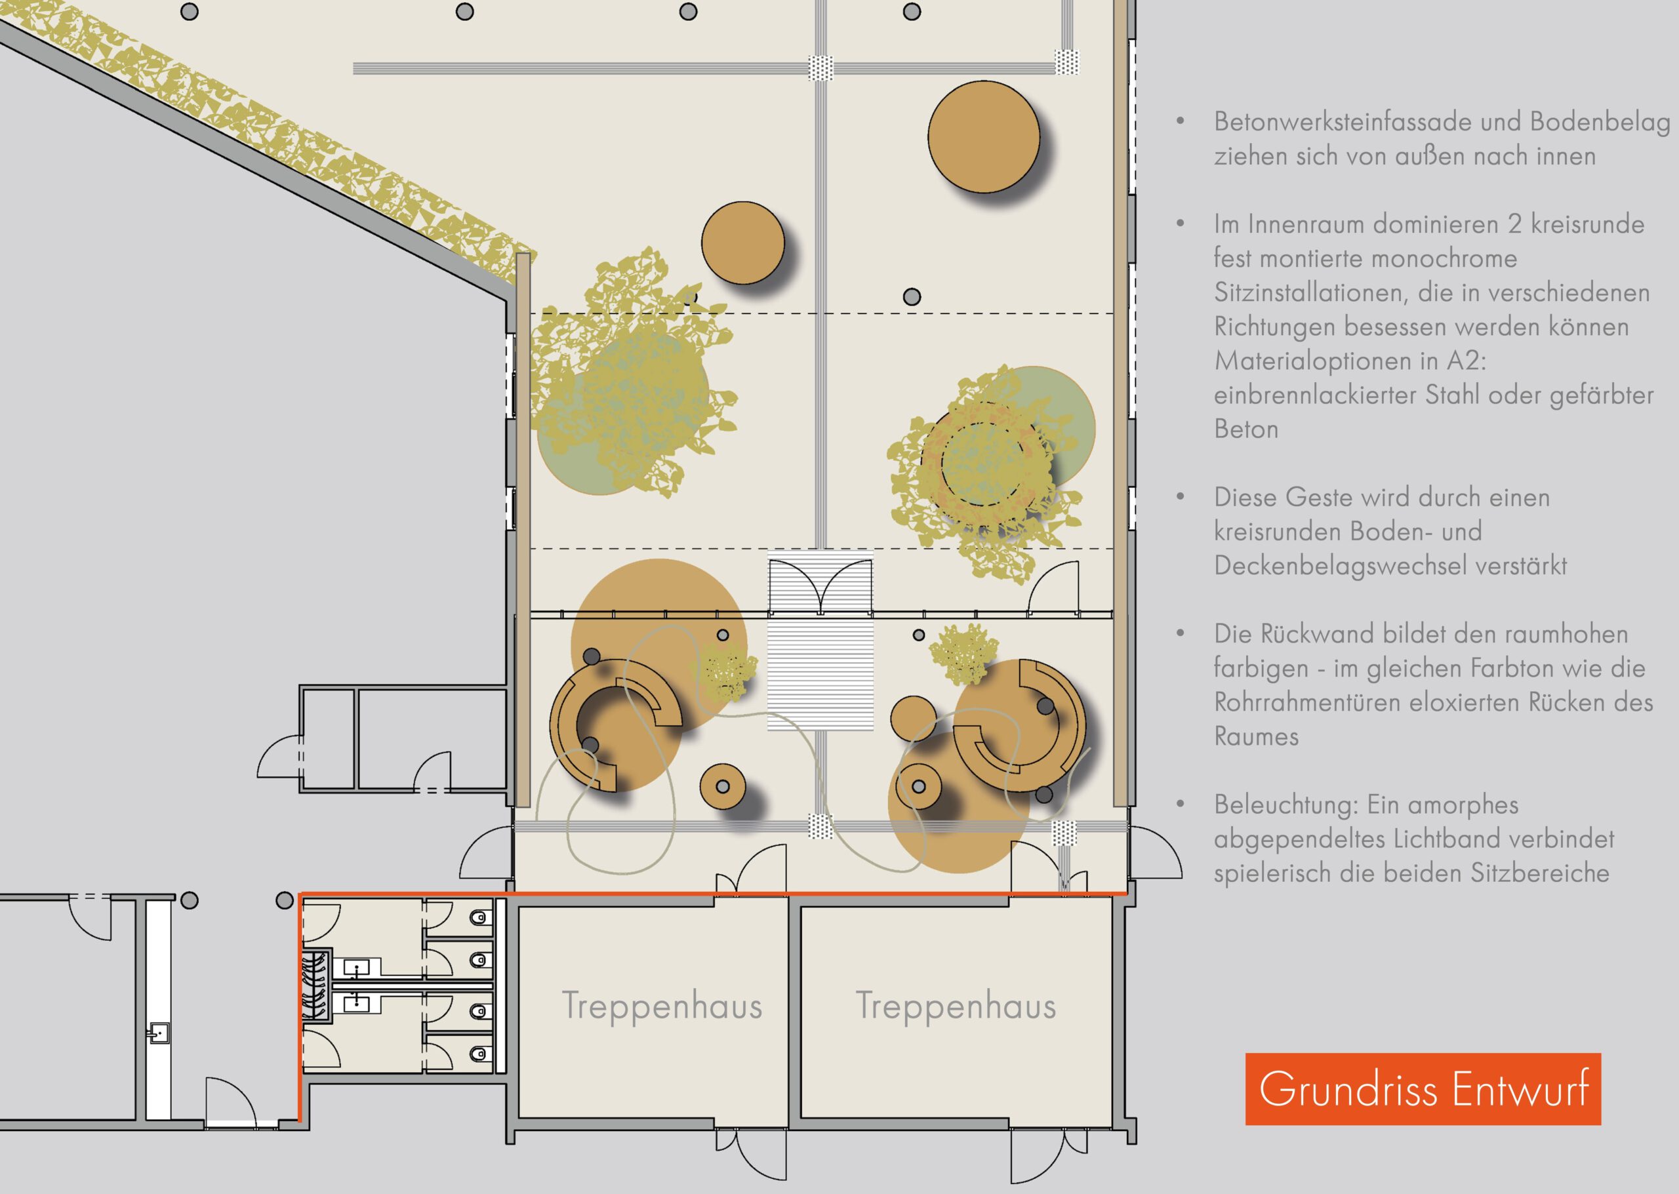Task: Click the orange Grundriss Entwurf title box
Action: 1423,1089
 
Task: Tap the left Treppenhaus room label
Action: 662,1006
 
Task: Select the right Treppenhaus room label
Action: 956,1006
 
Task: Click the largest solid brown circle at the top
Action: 983,137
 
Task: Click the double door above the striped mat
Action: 820,586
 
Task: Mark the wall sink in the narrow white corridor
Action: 158,1033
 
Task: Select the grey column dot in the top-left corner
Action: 189,12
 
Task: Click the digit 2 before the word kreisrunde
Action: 1515,224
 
